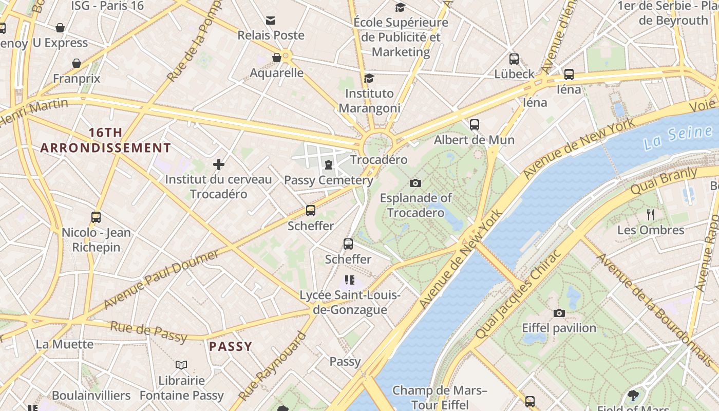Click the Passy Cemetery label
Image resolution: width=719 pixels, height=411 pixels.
pos(329,180)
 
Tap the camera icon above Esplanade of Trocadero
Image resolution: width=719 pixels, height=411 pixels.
pos(415,183)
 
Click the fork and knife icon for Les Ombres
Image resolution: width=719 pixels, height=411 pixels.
pos(651,214)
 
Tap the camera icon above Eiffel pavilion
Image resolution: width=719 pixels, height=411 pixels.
pos(559,313)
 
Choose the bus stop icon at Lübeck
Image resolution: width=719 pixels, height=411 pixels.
pos(514,59)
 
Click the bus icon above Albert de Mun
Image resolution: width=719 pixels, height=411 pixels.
pos(474,124)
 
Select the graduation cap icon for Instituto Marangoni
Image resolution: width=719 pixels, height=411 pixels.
pos(369,78)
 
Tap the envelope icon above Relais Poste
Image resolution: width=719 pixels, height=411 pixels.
pos(271,21)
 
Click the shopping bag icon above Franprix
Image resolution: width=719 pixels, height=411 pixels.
pos(77,63)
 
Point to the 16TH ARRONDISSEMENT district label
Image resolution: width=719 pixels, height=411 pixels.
pos(106,140)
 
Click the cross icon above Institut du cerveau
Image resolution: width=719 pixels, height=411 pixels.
pos(219,164)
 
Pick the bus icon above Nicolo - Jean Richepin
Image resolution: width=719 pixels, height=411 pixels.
pos(96,217)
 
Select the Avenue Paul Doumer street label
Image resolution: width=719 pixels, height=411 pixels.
pos(162,279)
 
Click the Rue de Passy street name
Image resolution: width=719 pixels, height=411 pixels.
pos(148,331)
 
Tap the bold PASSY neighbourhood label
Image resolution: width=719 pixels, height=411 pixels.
pos(231,346)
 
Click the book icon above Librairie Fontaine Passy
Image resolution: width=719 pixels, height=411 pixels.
pos(181,365)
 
